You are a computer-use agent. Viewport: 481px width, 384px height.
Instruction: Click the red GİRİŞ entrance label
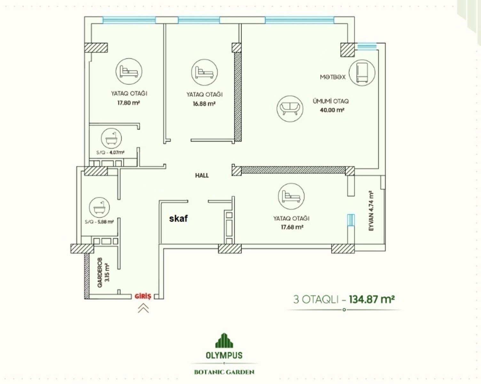pos(143,296)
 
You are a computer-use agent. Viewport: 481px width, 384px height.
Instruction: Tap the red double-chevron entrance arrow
pos(143,308)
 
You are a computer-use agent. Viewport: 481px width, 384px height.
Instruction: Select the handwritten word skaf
pos(178,218)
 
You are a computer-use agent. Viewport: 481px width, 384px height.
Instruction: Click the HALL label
pos(202,176)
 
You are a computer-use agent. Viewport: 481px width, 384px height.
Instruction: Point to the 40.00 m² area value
pos(332,110)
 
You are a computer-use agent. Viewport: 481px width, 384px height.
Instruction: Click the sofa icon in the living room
pos(290,109)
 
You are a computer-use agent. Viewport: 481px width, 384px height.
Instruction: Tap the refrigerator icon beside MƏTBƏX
pos(362,73)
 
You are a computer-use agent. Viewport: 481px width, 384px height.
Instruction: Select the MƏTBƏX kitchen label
pos(333,77)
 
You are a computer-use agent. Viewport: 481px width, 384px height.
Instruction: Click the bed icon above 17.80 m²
pos(129,71)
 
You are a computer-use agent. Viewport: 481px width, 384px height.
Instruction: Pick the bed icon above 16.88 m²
pos(204,72)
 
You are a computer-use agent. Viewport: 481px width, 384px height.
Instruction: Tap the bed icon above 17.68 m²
pos(291,196)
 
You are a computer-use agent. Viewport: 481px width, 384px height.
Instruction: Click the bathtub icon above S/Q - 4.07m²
pos(112,139)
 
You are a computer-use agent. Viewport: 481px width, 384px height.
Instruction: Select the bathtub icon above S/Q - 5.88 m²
pos(99,208)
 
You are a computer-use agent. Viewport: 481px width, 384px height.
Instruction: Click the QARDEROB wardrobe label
pos(100,272)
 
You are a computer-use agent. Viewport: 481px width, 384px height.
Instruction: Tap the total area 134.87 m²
pos(372,299)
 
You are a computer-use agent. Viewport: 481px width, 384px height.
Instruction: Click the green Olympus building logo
pos(224,340)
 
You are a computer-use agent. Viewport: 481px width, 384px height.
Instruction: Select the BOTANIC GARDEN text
pos(224,372)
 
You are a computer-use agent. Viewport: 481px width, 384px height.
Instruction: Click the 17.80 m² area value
pos(129,103)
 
